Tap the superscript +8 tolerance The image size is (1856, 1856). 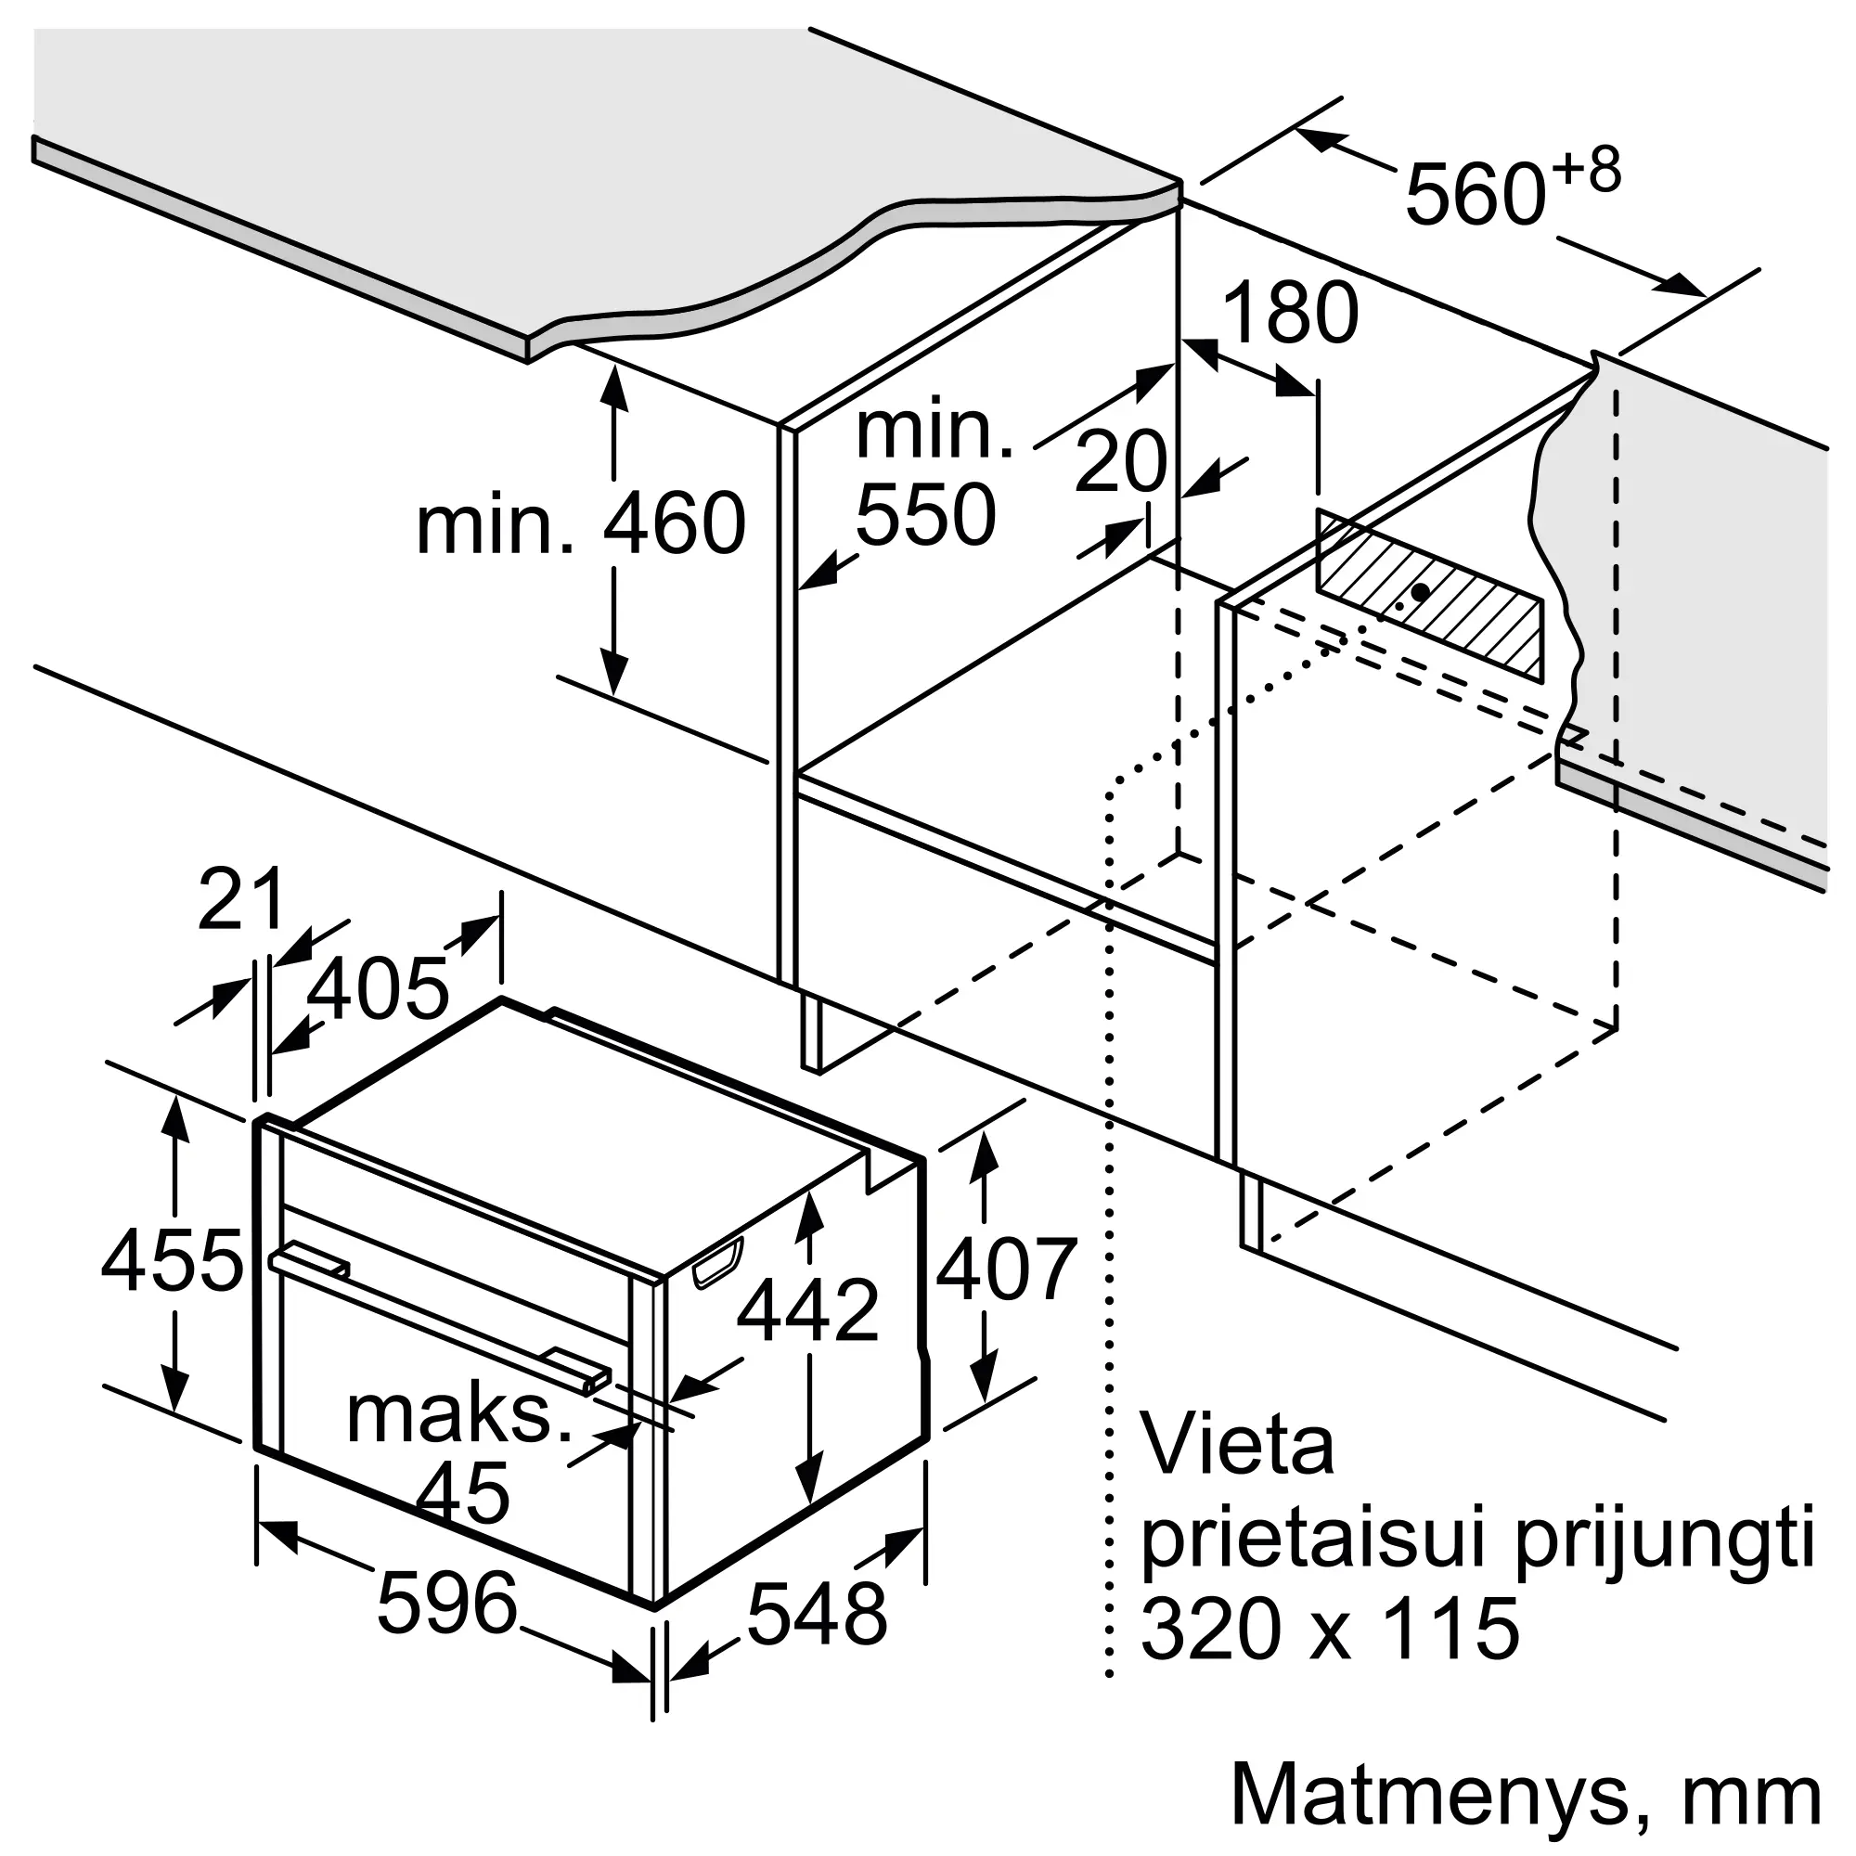[x=1586, y=171]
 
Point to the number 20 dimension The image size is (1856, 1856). [x=1120, y=462]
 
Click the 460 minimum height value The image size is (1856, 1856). [x=675, y=523]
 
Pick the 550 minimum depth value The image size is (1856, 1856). [x=924, y=515]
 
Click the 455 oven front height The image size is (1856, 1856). [x=172, y=1260]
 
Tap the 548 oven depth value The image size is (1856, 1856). [x=818, y=1614]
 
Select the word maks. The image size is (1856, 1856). [x=459, y=1414]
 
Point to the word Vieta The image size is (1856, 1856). [x=1237, y=1445]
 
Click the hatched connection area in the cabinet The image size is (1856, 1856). [x=1429, y=596]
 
